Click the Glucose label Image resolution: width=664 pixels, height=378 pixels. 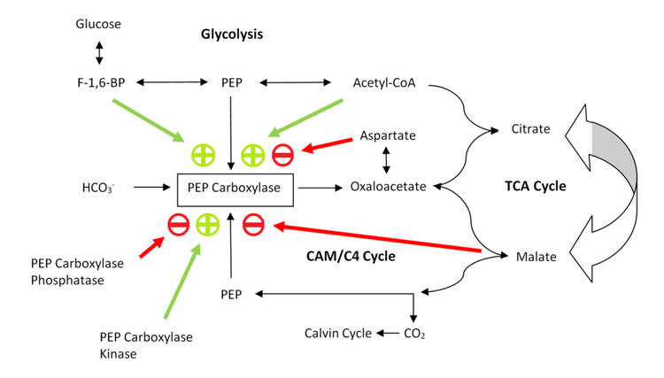coord(98,23)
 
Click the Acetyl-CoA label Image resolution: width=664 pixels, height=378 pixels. coord(383,83)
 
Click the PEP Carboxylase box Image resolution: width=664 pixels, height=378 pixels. coord(236,188)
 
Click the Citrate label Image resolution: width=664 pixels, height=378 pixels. coord(530,129)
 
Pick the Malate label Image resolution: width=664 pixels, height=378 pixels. coord(536,257)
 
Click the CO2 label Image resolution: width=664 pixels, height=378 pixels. coord(414,334)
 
